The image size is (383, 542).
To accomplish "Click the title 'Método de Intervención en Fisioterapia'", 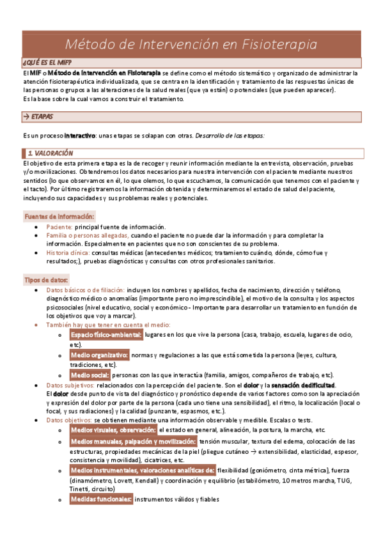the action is [192, 44].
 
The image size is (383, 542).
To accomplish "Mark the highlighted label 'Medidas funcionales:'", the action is [101, 499].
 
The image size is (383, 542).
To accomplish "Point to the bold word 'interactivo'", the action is [75, 135].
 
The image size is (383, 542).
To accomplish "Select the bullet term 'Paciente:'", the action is [59, 227].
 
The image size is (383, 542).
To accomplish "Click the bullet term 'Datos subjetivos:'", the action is [71, 385].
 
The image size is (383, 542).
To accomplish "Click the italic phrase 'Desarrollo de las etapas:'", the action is [230, 135].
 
